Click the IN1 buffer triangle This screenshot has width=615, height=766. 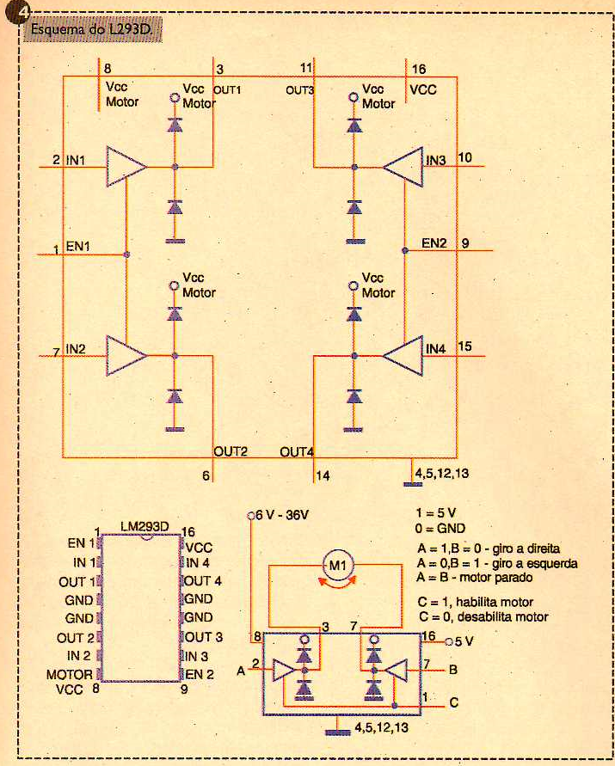(126, 167)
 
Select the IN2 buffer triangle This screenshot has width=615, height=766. (126, 356)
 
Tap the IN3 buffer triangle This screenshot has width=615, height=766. (403, 167)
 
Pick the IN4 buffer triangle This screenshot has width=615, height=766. (403, 356)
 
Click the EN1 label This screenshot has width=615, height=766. (78, 246)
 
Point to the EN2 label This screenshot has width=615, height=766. (434, 242)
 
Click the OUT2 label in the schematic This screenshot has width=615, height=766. (231, 451)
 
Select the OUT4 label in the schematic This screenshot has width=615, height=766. (297, 452)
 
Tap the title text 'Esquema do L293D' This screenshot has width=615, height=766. (92, 29)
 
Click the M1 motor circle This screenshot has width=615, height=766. (338, 566)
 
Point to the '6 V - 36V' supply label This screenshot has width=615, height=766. (282, 515)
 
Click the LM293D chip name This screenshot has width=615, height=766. (145, 527)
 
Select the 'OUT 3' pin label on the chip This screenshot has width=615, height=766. (203, 637)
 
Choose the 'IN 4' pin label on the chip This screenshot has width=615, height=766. (198, 563)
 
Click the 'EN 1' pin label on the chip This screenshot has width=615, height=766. (82, 543)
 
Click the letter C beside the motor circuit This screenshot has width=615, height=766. (453, 702)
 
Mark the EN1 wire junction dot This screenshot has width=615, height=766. (126, 254)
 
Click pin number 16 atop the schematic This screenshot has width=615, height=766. (419, 69)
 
